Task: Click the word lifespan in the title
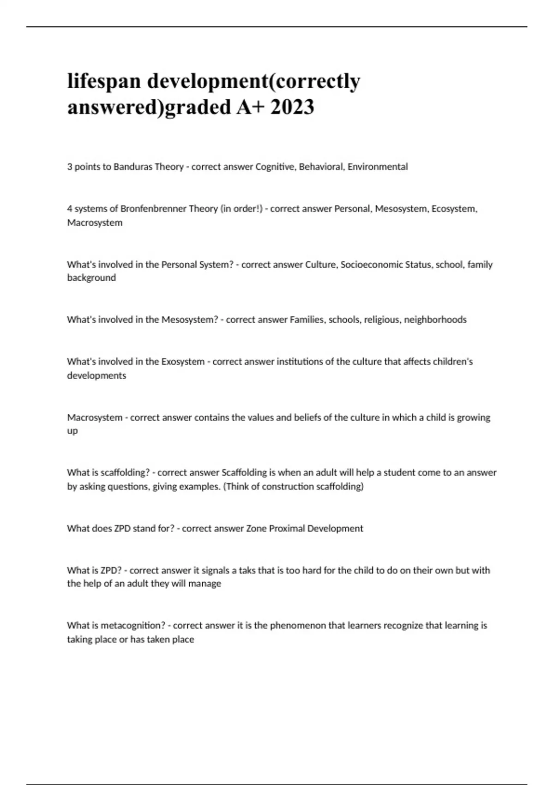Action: point(104,82)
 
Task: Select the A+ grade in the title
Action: point(250,107)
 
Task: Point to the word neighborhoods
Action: point(435,320)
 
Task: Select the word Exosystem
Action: point(182,362)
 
